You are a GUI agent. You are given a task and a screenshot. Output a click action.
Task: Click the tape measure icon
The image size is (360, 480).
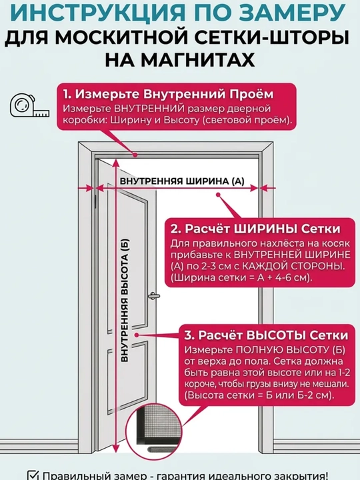point(29,106)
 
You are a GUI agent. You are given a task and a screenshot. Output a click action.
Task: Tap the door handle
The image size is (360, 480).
point(154,296)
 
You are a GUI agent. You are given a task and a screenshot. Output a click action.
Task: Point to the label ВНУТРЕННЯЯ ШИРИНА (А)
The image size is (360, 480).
point(182,181)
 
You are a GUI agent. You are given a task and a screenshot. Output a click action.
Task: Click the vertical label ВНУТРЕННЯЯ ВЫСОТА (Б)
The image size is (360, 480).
point(125,300)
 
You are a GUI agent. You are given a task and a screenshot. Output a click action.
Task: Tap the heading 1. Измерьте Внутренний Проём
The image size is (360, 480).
point(168,94)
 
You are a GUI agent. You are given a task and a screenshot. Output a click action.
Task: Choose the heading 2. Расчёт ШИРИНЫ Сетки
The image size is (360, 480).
point(255,229)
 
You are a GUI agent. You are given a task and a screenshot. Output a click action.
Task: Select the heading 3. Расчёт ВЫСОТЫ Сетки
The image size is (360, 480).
point(266,335)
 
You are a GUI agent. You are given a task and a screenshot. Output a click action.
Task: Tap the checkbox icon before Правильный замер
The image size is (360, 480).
point(33,475)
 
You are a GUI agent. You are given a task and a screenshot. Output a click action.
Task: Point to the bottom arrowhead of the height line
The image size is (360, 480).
point(116,447)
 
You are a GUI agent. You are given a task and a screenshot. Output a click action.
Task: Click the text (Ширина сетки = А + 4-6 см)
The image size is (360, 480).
point(241,277)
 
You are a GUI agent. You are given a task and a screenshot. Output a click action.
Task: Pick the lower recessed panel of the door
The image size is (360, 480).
point(127,377)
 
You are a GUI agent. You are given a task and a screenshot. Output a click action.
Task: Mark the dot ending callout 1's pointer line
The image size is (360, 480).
point(135,155)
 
